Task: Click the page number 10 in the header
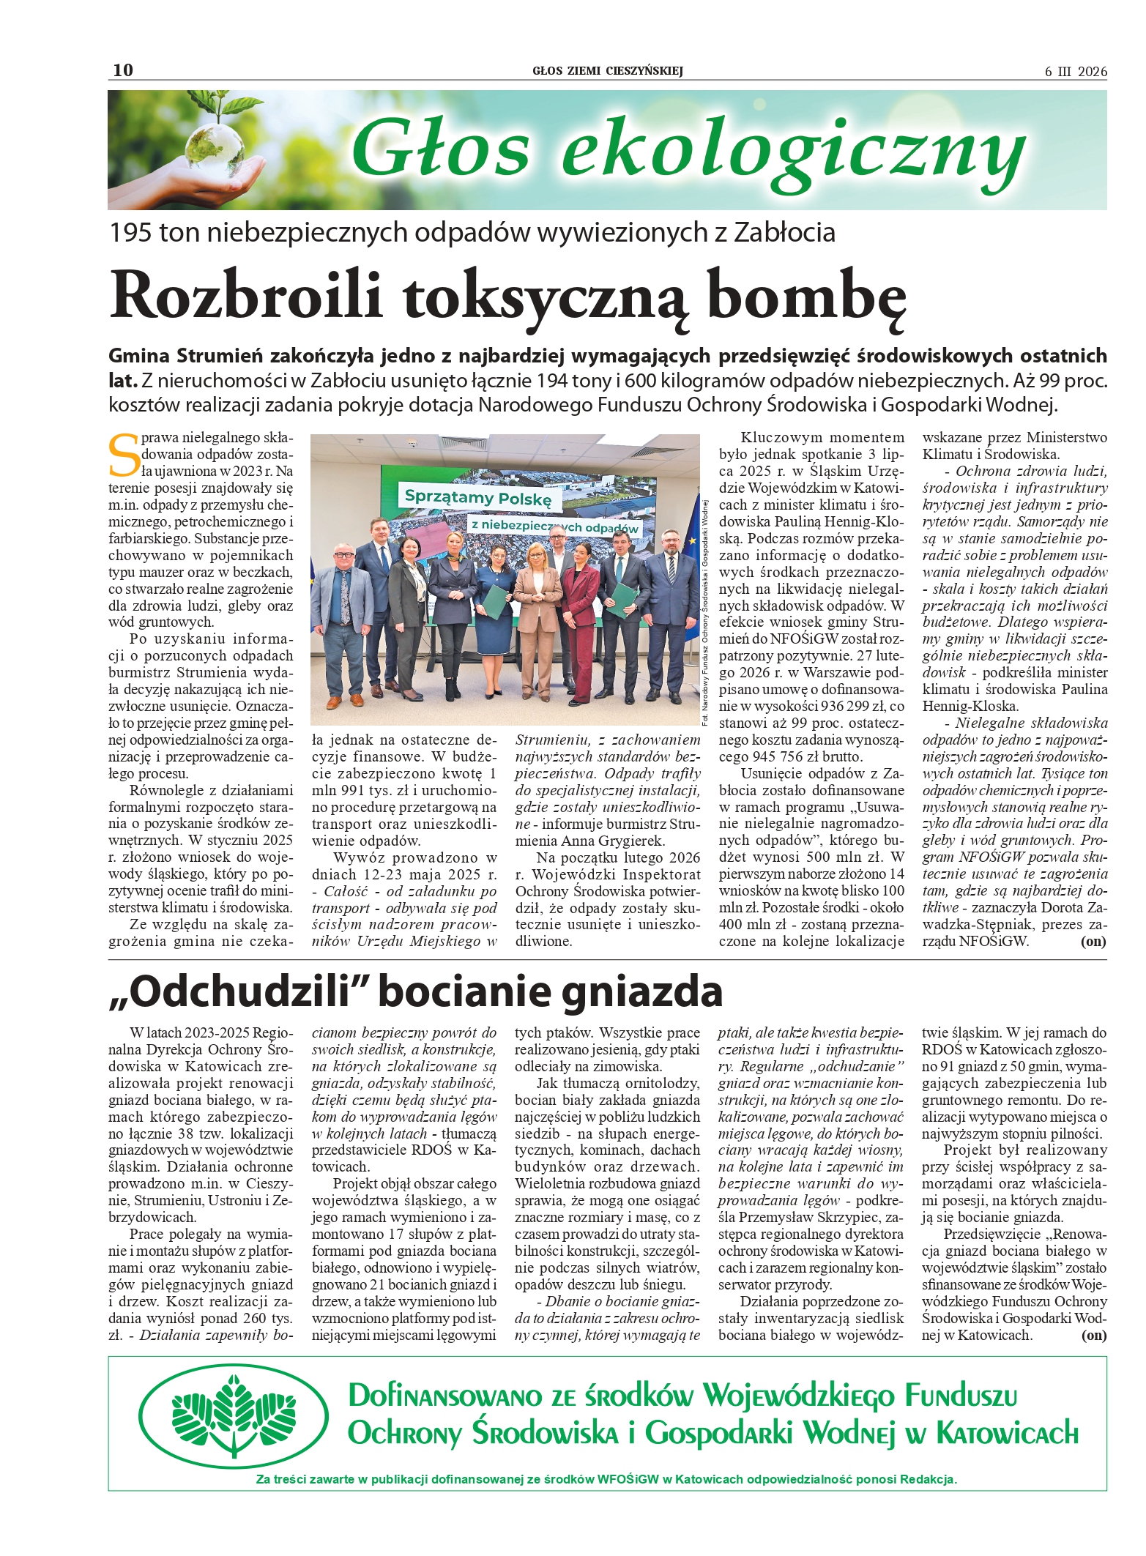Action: tap(123, 70)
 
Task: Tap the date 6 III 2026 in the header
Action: tap(1076, 72)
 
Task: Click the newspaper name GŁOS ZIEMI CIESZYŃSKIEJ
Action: tap(607, 71)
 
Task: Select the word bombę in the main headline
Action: tap(808, 295)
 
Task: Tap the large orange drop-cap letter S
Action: tap(123, 455)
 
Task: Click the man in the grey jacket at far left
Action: tap(343, 615)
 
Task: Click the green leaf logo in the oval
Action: tap(234, 1415)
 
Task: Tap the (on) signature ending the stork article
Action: tap(1093, 1335)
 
